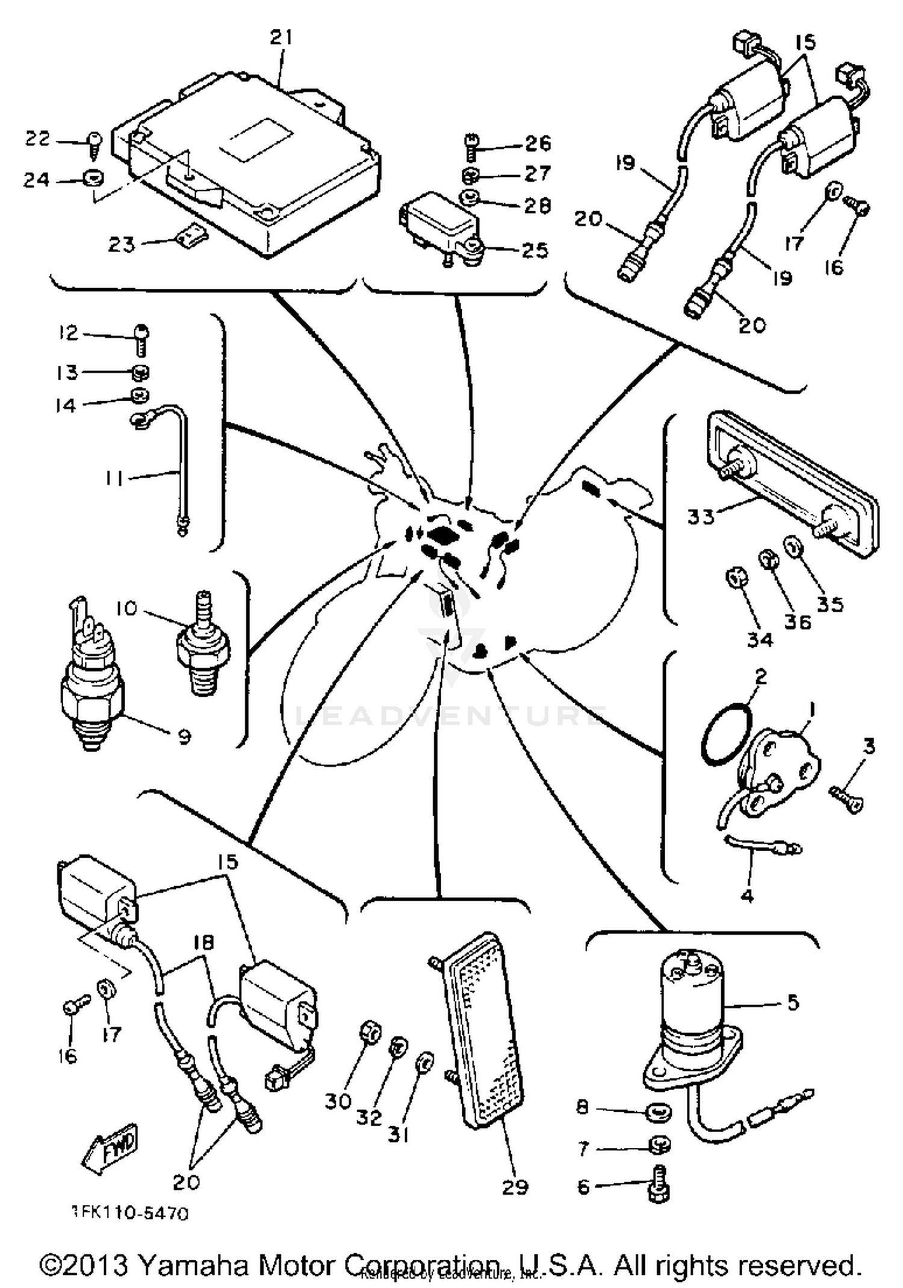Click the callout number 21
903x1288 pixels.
pos(281,38)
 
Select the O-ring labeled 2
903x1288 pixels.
pos(727,735)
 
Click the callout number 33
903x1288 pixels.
pos(701,517)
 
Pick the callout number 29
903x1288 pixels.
pos(515,1187)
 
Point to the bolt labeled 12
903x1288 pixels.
pos(141,339)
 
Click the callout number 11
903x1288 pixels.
pos(114,479)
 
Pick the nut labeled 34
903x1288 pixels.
pos(736,579)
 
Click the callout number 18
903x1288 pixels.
pos(204,942)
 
